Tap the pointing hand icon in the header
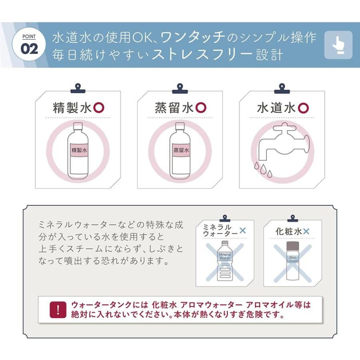click(x=338, y=45)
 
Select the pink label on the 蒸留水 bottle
click(x=180, y=151)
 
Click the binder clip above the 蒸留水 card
click(x=180, y=88)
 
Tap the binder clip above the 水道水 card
click(x=282, y=88)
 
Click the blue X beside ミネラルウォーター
click(x=243, y=231)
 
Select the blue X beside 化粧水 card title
click(x=306, y=231)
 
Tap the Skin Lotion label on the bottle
click(x=292, y=259)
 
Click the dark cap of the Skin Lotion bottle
click(x=292, y=244)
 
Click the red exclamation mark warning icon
click(x=58, y=309)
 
